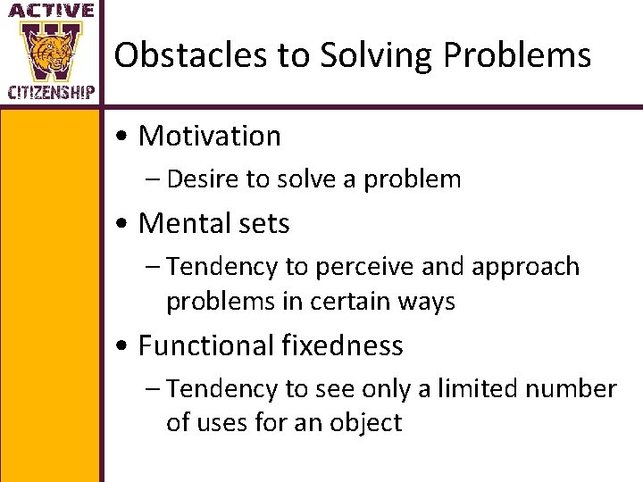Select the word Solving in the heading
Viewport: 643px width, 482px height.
tap(348, 55)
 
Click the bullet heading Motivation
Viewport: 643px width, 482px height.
tap(210, 136)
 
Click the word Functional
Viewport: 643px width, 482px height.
tap(205, 345)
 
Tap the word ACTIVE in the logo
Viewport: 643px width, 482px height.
tap(52, 11)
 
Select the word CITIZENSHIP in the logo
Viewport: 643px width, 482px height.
tap(52, 92)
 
